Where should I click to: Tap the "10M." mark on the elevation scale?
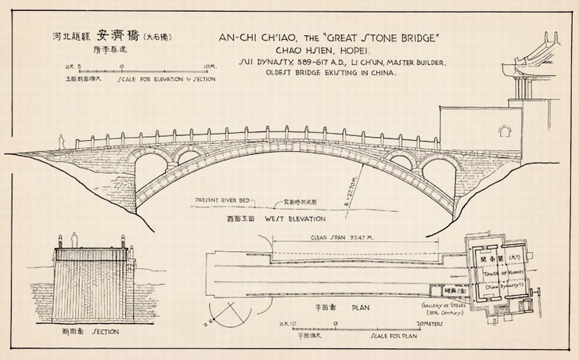coord(207,68)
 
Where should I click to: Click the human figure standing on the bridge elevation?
coord(63,141)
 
